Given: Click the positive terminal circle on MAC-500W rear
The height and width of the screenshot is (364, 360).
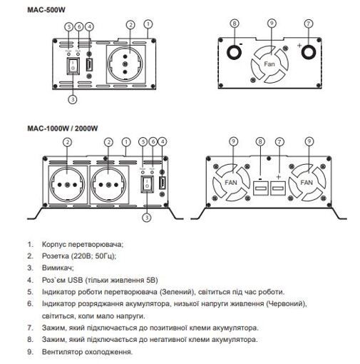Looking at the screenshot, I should pyautogui.click(x=308, y=52).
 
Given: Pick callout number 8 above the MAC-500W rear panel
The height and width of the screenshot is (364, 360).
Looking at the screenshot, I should pyautogui.click(x=234, y=24).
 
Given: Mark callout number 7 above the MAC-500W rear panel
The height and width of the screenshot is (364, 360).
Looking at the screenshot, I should pyautogui.click(x=308, y=24).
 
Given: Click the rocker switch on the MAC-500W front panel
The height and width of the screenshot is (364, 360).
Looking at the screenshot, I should pyautogui.click(x=72, y=66).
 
